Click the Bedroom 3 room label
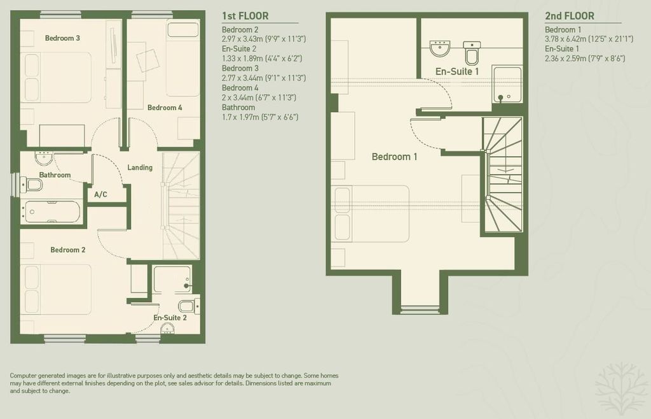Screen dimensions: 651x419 pyautogui.click(x=62, y=38)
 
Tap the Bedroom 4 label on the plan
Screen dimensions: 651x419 pyautogui.click(x=165, y=108)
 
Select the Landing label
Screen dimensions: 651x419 pyautogui.click(x=140, y=167)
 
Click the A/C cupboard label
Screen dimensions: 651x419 pyautogui.click(x=100, y=194)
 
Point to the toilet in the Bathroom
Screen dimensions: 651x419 pyautogui.click(x=32, y=184)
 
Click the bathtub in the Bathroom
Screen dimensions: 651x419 pyautogui.click(x=51, y=212)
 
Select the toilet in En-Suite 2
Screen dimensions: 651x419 pyautogui.click(x=189, y=306)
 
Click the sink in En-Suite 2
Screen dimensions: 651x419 pyautogui.click(x=167, y=329)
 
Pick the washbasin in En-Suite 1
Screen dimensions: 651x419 pyautogui.click(x=440, y=48)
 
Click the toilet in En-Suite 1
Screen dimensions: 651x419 pyautogui.click(x=472, y=53)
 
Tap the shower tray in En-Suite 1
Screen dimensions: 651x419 pyautogui.click(x=507, y=85)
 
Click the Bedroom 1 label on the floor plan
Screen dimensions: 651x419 pyautogui.click(x=394, y=157)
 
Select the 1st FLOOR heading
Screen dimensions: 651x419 pyautogui.click(x=245, y=16)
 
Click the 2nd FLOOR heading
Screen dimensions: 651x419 pyautogui.click(x=570, y=16)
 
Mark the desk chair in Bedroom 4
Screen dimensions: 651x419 pyautogui.click(x=147, y=60)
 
